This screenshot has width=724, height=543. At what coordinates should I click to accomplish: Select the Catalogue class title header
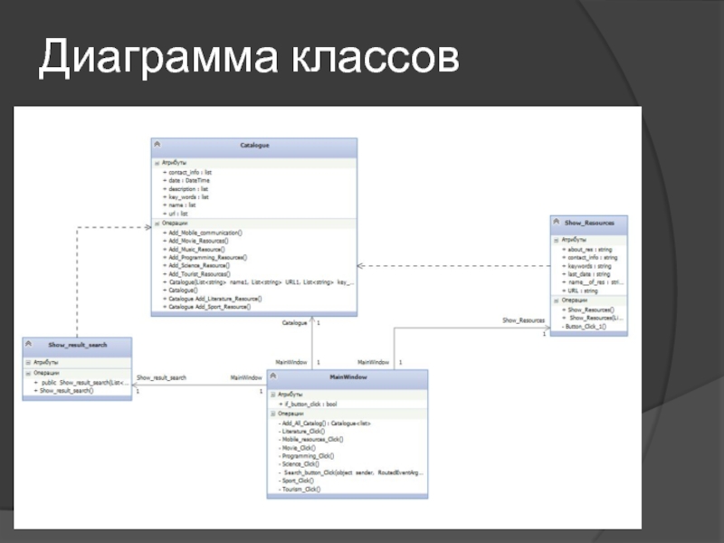pos(254,146)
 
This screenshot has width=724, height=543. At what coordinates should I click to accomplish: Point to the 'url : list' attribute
pos(178,214)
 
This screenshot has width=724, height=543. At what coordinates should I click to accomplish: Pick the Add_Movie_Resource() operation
pos(198,241)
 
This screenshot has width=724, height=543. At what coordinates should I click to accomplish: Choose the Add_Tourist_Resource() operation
pos(199,274)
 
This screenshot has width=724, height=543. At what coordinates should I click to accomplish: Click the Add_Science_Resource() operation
pos(199,266)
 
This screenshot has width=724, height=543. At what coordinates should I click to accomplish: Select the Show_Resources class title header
pos(588,223)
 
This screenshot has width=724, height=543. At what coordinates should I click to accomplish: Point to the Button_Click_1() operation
pos(586,326)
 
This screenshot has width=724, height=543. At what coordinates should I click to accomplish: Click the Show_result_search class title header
pos(77,346)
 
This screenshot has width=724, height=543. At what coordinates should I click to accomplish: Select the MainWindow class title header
pos(348,377)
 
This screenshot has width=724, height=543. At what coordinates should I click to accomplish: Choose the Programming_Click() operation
pos(308,456)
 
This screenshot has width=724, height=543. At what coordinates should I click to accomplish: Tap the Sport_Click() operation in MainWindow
pos(298,481)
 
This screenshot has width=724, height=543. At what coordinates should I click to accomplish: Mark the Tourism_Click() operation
pos(300,489)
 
